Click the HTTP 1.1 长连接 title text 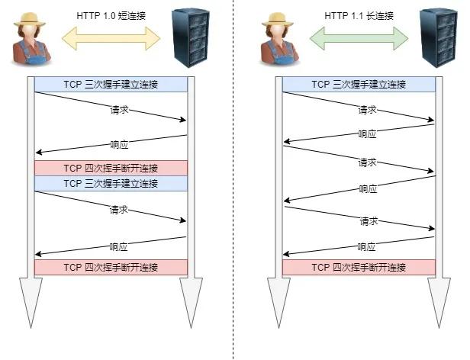tap(359, 14)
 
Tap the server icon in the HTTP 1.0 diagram tap(189, 37)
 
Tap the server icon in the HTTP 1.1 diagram tap(437, 37)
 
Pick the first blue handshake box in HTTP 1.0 tap(111, 84)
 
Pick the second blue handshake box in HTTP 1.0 tap(111, 184)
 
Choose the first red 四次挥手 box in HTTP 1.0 tap(111, 168)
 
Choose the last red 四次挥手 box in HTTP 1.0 tap(111, 268)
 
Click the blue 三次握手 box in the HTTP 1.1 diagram tap(359, 84)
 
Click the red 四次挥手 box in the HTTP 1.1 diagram tap(359, 268)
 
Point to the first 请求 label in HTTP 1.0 tap(118, 110)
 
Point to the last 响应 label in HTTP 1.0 tap(118, 246)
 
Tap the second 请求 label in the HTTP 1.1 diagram tap(367, 162)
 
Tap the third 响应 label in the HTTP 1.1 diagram tap(367, 246)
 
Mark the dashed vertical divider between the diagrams tap(233, 180)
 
